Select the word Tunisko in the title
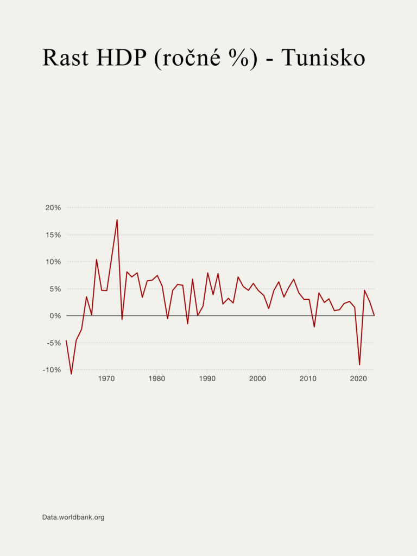point(323,58)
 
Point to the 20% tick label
point(53,207)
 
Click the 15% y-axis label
point(53,235)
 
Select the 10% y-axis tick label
point(53,262)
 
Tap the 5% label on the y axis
point(54,289)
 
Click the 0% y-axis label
point(54,315)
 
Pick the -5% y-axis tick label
point(53,343)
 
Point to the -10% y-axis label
point(51,370)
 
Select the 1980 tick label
point(156,379)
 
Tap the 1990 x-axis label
point(207,379)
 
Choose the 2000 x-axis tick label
point(257,379)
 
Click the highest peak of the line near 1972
point(117,220)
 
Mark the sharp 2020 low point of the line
point(359,364)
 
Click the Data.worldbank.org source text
point(73,517)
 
